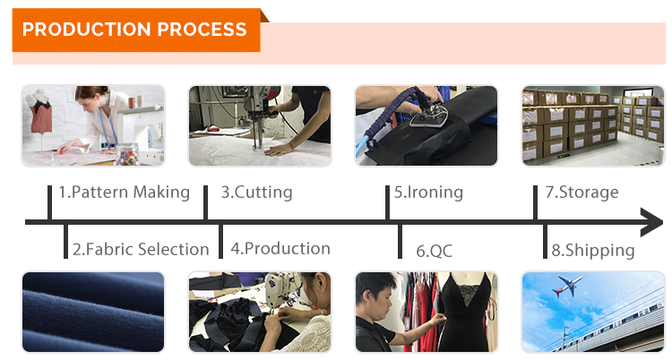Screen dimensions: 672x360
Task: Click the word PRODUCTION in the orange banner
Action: [86, 30]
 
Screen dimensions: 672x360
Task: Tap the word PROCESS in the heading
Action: [202, 30]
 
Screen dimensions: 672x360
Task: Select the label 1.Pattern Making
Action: [125, 192]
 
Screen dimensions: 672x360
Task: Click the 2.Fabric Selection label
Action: [141, 249]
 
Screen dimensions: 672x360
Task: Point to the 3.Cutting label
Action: [257, 192]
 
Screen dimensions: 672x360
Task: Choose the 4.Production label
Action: [280, 249]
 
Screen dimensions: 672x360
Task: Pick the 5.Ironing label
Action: [428, 192]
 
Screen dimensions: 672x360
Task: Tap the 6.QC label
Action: [435, 251]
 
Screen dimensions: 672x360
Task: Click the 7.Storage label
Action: [582, 192]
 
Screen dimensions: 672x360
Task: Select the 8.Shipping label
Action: [593, 250]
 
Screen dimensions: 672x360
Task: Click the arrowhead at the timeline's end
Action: [651, 222]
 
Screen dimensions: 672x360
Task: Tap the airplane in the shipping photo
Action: [568, 286]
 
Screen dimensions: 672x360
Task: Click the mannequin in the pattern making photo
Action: [39, 112]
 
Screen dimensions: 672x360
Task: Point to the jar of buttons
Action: [127, 154]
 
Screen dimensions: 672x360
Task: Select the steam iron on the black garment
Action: [428, 116]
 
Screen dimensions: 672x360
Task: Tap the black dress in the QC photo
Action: [464, 313]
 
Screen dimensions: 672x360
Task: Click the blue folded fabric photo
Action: [93, 312]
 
